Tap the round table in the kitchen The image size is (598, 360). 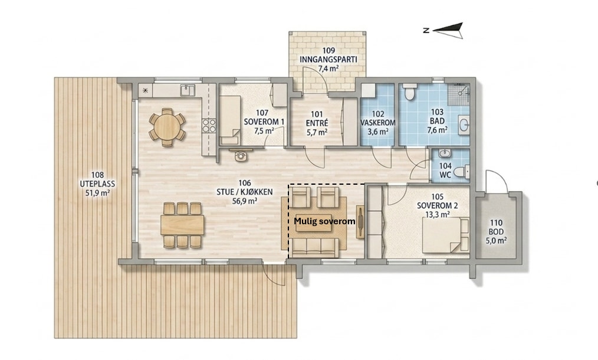tap(167, 127)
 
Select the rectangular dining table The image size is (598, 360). tap(182, 225)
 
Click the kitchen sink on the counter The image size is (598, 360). tap(188, 90)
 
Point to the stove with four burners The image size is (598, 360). tap(209, 126)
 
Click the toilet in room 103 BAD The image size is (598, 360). tap(410, 91)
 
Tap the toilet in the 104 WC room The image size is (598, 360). tap(462, 172)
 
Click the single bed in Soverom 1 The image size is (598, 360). tap(230, 120)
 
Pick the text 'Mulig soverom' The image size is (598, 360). tap(324, 221)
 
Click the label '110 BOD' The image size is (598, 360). tap(496, 227)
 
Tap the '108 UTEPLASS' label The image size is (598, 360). tap(97, 179)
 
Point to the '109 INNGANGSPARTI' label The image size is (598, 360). tap(328, 55)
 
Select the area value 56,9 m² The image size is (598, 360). tap(245, 201)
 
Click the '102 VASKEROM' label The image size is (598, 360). tap(378, 119)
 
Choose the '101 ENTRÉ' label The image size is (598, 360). tap(317, 119)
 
